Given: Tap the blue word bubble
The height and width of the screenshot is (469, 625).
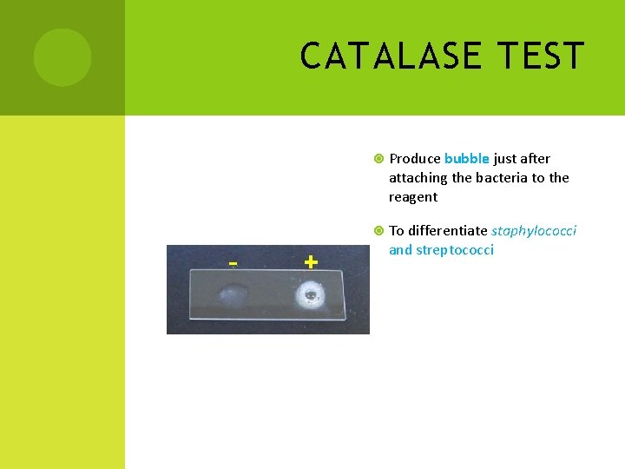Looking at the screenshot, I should click(467, 159).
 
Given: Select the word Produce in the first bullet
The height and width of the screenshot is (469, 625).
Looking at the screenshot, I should click(414, 159).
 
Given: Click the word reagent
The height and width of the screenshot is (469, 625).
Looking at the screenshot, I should click(413, 197).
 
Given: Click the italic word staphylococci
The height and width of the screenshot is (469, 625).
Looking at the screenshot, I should click(534, 231).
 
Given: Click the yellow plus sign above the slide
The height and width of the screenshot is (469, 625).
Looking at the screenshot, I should click(311, 261).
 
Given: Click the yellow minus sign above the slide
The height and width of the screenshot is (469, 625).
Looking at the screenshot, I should click(233, 262).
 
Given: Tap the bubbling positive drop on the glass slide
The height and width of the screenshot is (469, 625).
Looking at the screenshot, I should click(309, 297).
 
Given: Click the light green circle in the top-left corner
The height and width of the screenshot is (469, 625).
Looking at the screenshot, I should click(62, 57).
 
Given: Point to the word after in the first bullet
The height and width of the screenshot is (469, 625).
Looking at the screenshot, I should click(536, 159).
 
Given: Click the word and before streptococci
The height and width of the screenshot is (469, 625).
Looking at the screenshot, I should click(400, 250).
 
